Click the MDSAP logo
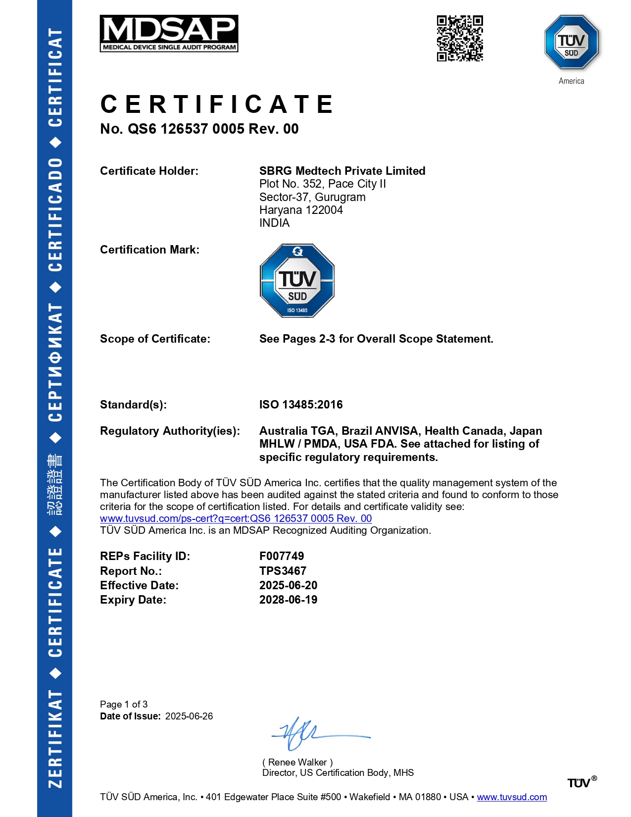(169, 34)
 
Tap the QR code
(460, 39)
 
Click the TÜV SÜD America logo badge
(571, 43)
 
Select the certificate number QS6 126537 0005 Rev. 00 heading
(199, 129)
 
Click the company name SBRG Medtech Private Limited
(342, 171)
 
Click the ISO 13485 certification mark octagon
(297, 281)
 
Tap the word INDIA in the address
(274, 223)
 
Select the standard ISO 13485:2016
(301, 405)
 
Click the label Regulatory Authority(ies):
(170, 431)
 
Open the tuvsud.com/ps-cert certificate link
(236, 518)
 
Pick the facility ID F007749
(282, 556)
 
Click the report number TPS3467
(283, 571)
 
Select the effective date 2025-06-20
(288, 585)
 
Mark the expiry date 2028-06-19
(288, 600)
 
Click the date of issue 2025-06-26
(189, 716)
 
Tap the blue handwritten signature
(307, 733)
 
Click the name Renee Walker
(297, 762)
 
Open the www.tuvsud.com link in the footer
(512, 797)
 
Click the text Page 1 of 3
(124, 704)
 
